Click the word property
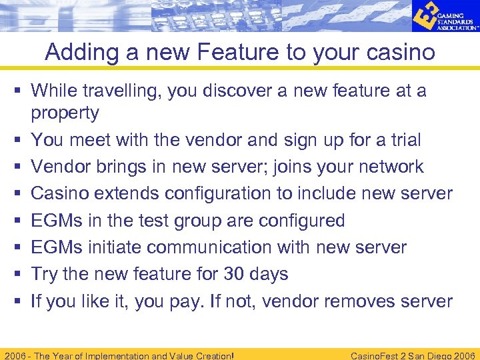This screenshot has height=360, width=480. (x=65, y=113)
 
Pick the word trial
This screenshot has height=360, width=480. (x=406, y=140)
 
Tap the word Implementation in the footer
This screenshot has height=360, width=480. (x=107, y=355)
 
